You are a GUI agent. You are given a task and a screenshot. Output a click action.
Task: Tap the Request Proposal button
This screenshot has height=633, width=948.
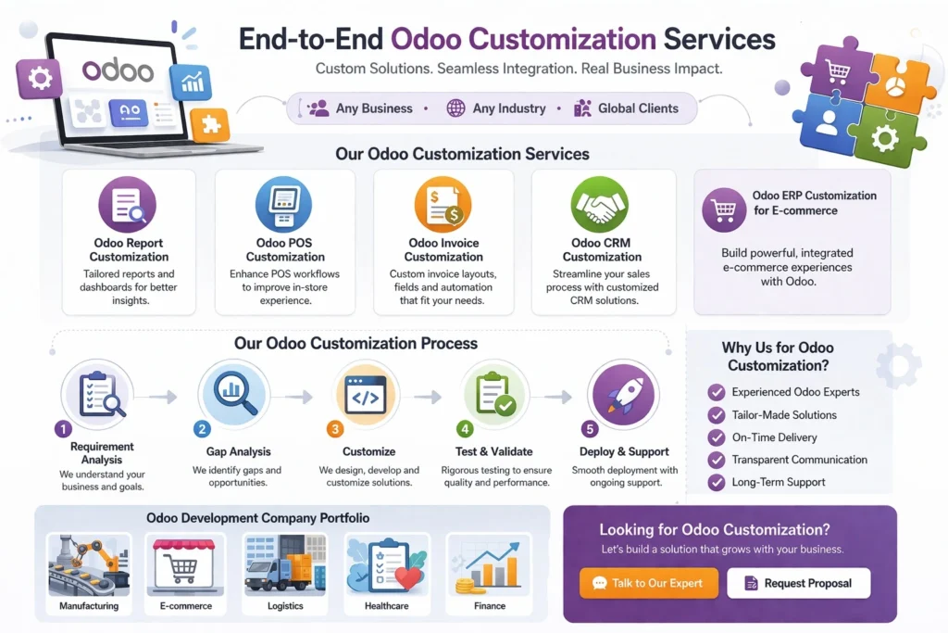(798, 583)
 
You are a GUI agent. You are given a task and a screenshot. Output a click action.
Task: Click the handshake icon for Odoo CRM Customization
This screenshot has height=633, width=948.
(600, 205)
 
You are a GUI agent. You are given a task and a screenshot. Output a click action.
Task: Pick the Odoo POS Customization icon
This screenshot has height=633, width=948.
(284, 205)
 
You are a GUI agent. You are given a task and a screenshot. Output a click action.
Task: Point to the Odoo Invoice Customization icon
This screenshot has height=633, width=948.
(443, 205)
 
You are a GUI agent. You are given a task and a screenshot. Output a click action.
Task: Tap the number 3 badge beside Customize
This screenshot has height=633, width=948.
(334, 429)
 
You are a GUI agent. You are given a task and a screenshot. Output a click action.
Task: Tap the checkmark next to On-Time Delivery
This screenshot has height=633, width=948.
(716, 437)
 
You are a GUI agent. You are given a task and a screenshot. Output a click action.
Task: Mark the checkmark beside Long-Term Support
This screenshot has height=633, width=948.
(716, 482)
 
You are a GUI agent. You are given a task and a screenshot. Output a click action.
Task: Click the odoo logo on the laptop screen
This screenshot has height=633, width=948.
(118, 70)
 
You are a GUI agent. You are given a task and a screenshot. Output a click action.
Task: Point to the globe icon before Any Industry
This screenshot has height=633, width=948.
(455, 108)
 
